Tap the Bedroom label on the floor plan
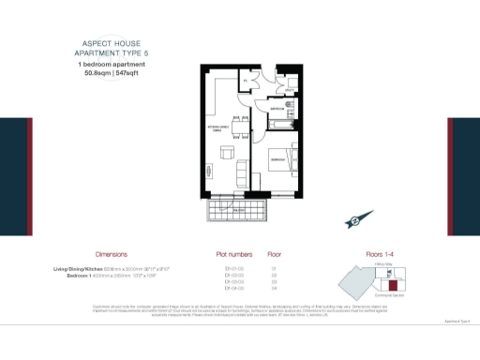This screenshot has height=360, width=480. (278, 160)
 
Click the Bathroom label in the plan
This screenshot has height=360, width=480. (278, 110)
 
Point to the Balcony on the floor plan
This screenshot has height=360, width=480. (240, 211)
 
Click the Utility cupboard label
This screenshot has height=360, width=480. (290, 91)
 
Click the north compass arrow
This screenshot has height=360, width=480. (355, 221)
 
